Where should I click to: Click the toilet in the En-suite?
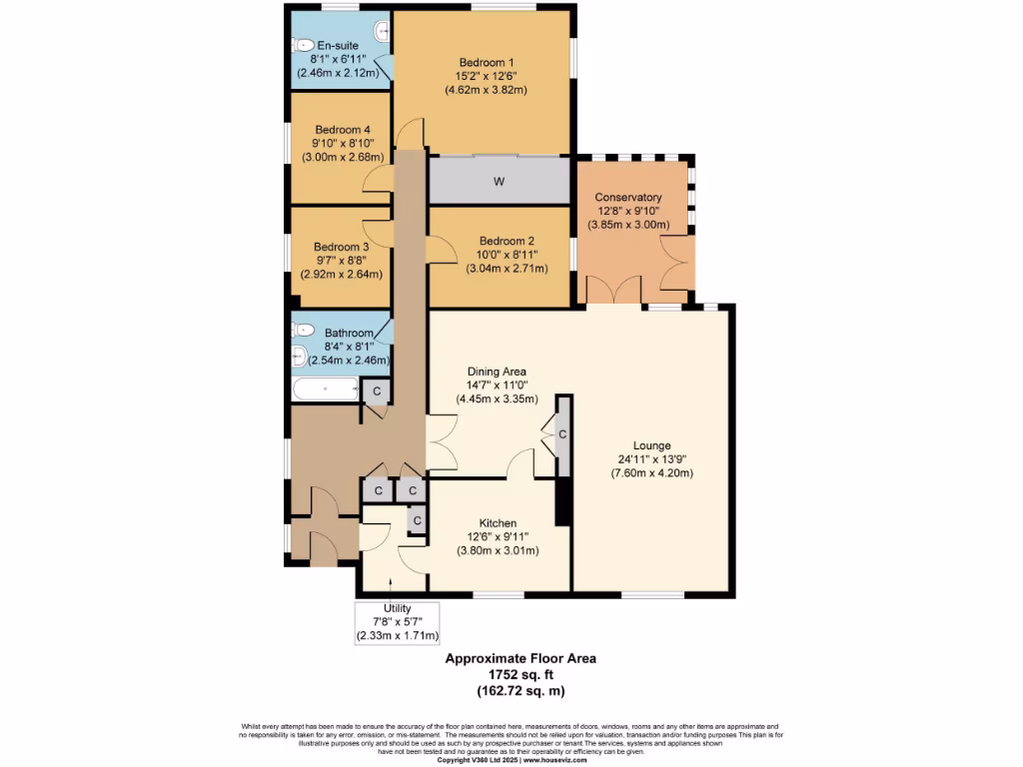coord(303,45)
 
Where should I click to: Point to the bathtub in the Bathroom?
coord(324,388)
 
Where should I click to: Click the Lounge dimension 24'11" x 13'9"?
coord(651,459)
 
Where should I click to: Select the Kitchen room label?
coord(498,523)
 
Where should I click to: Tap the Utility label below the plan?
coord(397,608)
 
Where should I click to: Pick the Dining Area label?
coord(491,372)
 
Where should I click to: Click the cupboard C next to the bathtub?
coord(377,389)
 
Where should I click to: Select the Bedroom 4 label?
coord(343,130)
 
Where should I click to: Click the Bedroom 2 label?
coord(507,241)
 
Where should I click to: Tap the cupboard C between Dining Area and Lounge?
coord(563,434)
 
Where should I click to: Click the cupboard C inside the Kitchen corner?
coord(417,520)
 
